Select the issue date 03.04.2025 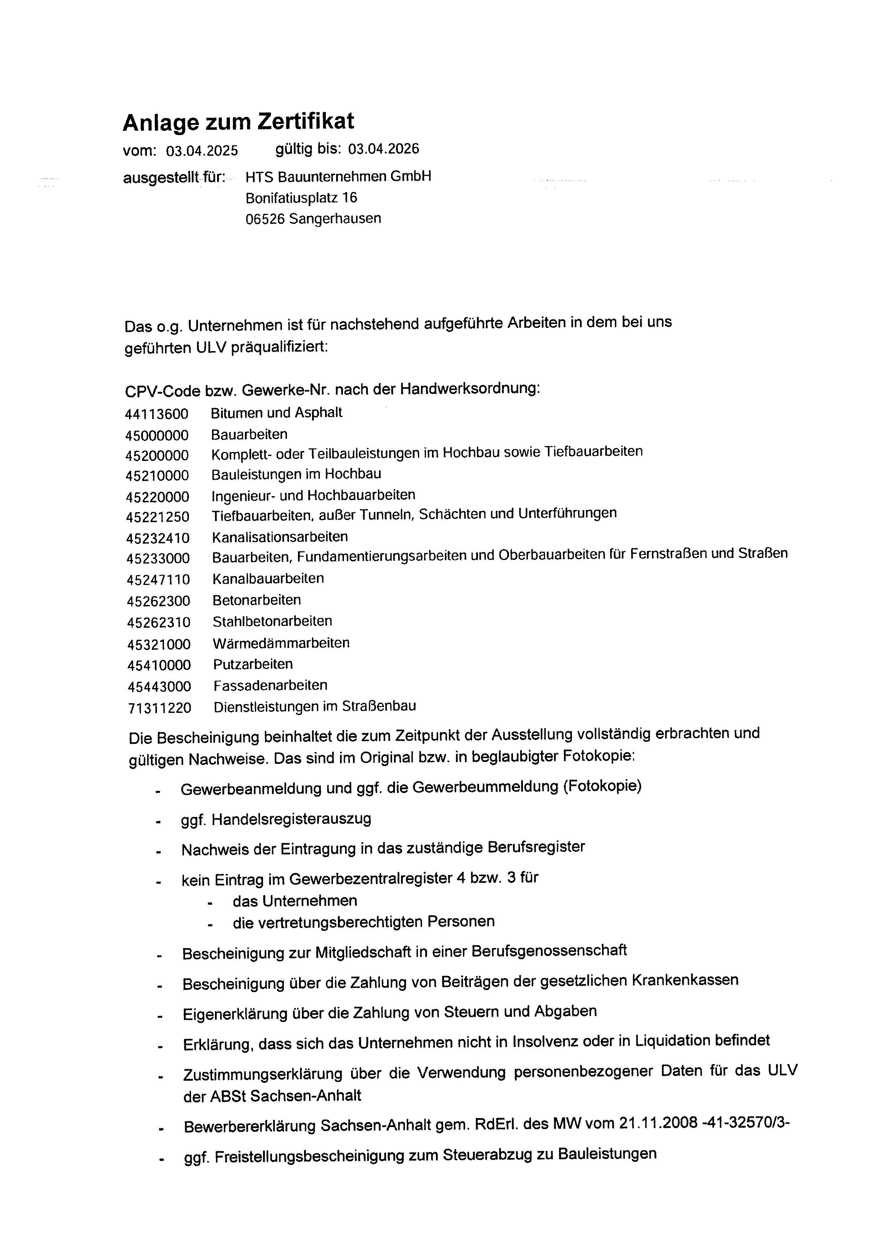(202, 151)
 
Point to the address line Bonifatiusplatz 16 (301, 197)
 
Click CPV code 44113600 (157, 414)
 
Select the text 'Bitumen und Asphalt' (277, 413)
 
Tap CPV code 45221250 (158, 517)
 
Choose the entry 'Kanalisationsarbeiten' (280, 537)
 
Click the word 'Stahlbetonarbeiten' (272, 621)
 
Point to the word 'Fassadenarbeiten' (271, 685)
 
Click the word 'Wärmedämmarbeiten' (281, 643)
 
